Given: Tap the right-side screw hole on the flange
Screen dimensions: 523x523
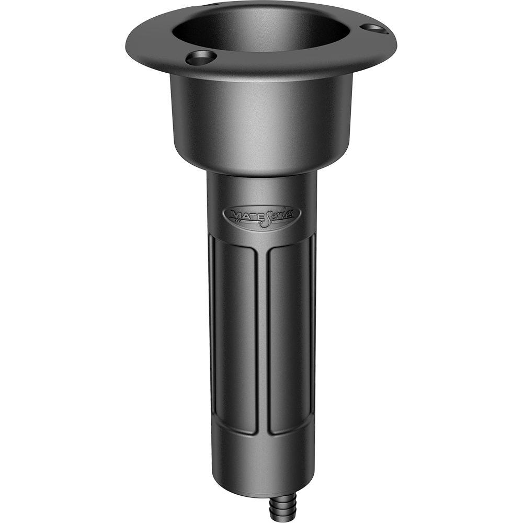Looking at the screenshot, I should pyautogui.click(x=374, y=28).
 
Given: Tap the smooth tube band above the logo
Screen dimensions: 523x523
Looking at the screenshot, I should pyautogui.click(x=261, y=188).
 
